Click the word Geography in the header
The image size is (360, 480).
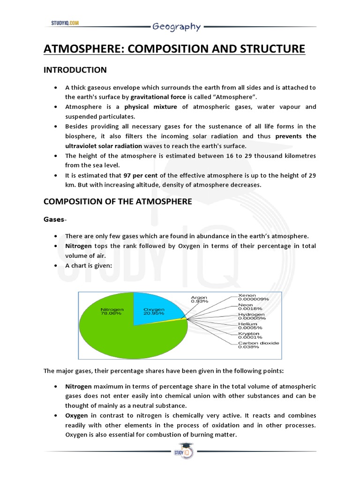pos(176,27)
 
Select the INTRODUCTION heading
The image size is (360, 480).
pos(75,70)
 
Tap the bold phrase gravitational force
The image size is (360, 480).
pos(158,97)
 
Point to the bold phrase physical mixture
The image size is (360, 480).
pos(150,106)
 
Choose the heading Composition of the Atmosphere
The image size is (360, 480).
pos(118,202)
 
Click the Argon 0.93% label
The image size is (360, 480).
pos(199,299)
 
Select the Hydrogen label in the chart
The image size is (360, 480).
pos(252,316)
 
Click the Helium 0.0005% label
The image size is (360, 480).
pos(250,326)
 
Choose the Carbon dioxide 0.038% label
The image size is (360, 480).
pos(258,345)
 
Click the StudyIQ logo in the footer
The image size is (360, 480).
pos(180,452)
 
